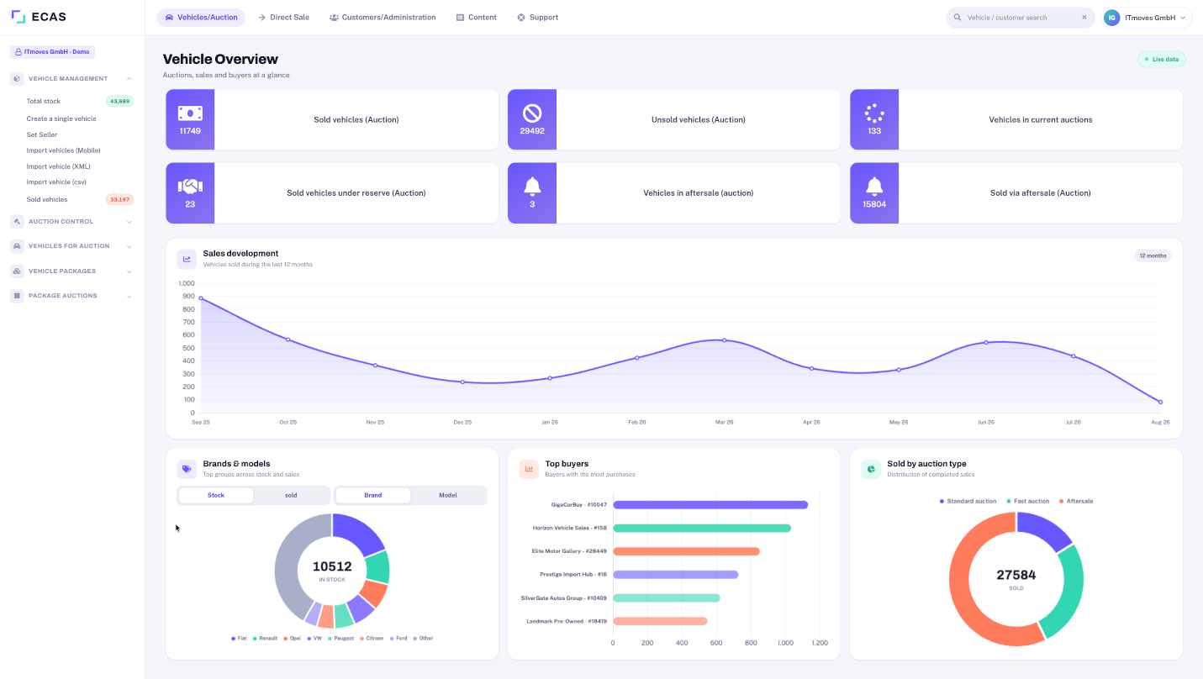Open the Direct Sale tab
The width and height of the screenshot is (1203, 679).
[x=283, y=17]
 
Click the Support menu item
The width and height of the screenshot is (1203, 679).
[x=537, y=17]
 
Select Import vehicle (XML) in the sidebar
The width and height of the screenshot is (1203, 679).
[x=59, y=166]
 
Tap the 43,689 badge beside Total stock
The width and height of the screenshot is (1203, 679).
[x=119, y=101]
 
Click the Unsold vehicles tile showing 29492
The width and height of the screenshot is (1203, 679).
[x=673, y=119]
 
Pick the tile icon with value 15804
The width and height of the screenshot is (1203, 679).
[x=873, y=186]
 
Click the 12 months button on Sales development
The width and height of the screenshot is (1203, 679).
[x=1153, y=255]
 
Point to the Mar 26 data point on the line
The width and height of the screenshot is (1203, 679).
[x=724, y=340]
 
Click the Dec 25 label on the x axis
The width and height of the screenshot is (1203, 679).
[x=462, y=422]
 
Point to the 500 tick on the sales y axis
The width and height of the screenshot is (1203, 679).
[x=188, y=348]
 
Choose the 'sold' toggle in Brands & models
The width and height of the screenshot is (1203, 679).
[x=291, y=495]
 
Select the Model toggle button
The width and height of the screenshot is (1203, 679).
[x=448, y=495]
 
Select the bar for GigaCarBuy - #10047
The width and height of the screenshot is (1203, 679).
[x=710, y=504]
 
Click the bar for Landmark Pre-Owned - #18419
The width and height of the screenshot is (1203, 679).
[x=659, y=621]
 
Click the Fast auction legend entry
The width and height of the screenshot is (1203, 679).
[x=1027, y=501]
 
